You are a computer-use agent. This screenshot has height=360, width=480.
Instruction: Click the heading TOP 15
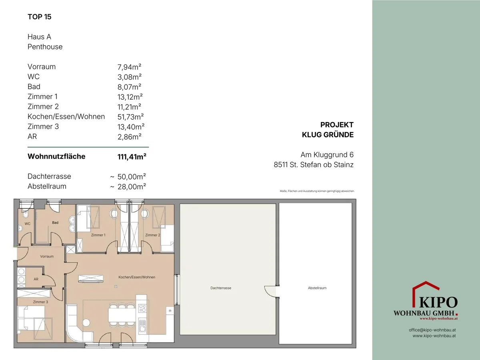coord(39,17)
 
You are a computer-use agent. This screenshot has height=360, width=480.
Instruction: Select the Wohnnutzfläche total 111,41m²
coord(132,156)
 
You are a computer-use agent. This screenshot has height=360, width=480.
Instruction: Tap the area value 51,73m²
coord(130,117)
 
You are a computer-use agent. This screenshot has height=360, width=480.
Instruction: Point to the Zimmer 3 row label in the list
coord(43,126)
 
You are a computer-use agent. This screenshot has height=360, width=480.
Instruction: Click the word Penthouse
coord(45,47)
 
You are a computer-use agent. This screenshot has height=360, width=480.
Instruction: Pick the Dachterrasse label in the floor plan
coord(221,288)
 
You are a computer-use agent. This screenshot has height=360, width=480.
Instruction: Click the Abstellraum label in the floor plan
coord(317,288)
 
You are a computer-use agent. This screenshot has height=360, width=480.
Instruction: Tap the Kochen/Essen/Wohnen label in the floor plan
coord(137,277)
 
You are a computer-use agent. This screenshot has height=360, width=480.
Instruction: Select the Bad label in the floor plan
coord(55,222)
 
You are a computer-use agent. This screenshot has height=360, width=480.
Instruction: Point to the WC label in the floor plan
coord(27,224)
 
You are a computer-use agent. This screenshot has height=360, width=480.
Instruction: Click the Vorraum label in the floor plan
coord(47,256)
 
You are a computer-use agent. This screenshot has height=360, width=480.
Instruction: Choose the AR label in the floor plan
coord(36,279)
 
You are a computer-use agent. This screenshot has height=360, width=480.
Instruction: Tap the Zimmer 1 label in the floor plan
coord(98,235)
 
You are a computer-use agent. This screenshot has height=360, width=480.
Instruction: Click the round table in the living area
coord(86,322)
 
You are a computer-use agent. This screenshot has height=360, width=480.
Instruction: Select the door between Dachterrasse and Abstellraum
coord(270,291)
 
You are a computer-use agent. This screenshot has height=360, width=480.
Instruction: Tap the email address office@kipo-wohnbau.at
coord(432,330)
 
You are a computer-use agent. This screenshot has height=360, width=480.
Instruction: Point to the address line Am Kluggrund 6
coord(327,155)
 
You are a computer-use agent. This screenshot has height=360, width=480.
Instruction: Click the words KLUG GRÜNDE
coord(328,135)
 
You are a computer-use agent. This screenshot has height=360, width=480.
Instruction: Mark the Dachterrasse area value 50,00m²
coord(132,177)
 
